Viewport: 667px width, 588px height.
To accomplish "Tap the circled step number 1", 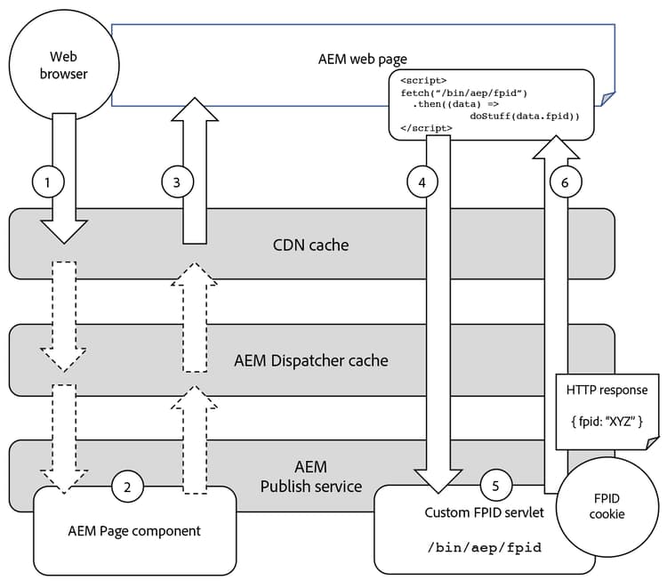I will (x=49, y=182).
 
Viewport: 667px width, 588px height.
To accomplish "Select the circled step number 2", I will (x=128, y=487).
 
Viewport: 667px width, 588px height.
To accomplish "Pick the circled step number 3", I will (x=177, y=182).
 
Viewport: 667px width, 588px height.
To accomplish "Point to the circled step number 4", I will (x=422, y=182).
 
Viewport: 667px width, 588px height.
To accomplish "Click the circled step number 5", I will (x=496, y=487).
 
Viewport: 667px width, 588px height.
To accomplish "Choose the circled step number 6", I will (x=565, y=182).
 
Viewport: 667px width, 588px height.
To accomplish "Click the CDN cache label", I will (x=311, y=243).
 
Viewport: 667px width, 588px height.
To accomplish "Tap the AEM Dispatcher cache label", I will (x=311, y=361).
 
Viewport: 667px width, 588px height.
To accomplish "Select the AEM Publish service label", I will (x=311, y=477).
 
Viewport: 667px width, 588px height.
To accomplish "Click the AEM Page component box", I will (x=135, y=531).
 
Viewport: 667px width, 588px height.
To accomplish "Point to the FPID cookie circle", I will (x=608, y=506).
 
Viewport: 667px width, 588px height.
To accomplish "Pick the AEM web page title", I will (x=362, y=59).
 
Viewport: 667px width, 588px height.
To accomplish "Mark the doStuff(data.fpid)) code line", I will (x=525, y=116).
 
